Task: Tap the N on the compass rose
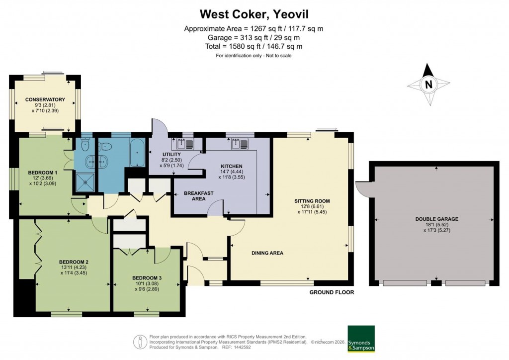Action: (428, 85)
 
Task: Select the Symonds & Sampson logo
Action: (361, 339)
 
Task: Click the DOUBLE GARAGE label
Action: (436, 219)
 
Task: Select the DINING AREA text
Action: (267, 253)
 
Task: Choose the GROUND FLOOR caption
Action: (332, 292)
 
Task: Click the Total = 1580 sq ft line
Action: (254, 46)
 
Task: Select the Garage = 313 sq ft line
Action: (254, 37)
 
